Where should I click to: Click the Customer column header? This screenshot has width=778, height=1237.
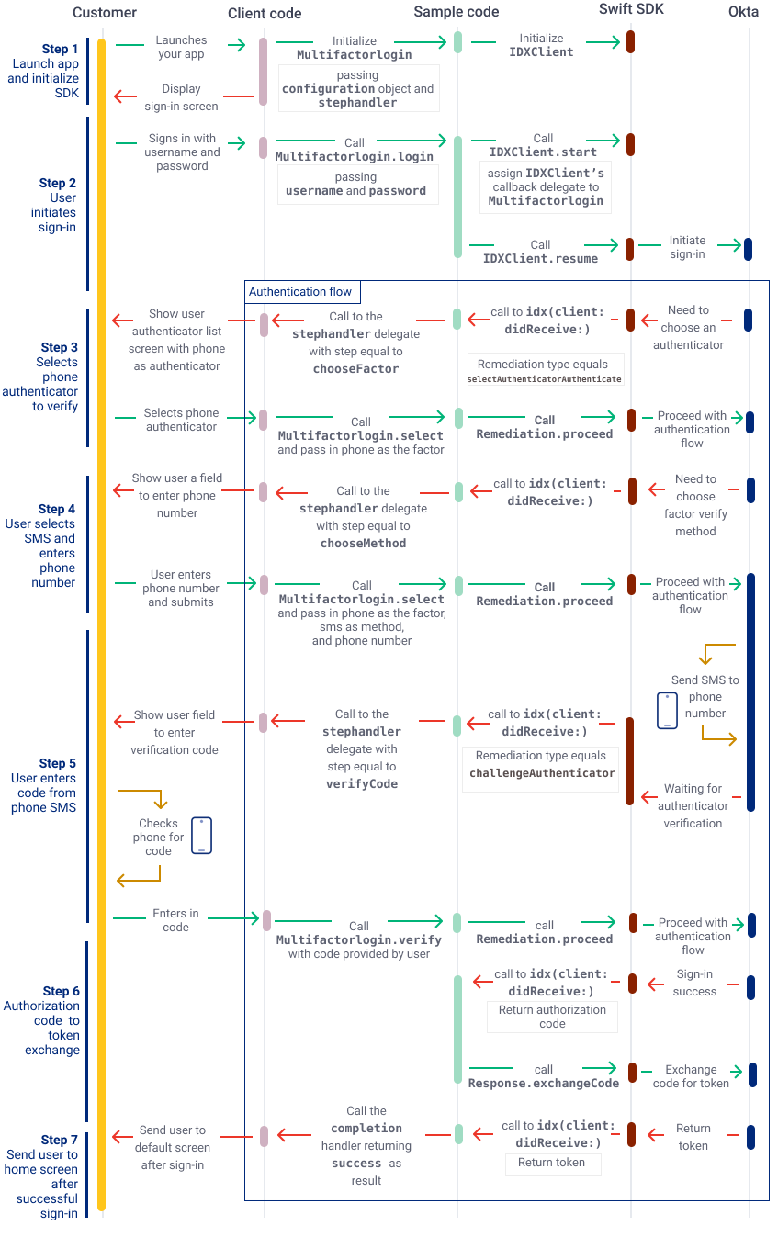coord(105,13)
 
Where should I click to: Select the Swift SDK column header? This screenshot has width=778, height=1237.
coord(631,9)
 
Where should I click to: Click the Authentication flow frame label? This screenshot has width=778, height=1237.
coord(300,292)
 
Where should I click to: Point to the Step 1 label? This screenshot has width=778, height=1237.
coord(61,50)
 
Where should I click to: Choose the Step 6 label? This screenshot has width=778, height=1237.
coord(61,991)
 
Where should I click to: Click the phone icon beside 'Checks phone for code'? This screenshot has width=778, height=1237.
coord(201,836)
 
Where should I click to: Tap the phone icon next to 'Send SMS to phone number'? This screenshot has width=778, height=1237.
coord(667,711)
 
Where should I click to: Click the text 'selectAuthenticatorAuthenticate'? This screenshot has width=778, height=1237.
coord(545,379)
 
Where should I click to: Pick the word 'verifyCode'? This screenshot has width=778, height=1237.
coord(361,784)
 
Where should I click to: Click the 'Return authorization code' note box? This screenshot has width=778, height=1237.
coord(552,1017)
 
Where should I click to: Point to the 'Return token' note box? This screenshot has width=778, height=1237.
coord(551,1163)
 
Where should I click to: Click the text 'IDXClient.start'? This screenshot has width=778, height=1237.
coord(543,152)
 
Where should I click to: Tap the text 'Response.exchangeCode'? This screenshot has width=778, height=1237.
coord(544,1084)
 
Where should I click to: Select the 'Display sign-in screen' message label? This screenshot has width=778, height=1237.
coord(181,97)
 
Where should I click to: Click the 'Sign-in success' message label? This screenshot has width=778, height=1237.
coord(694,983)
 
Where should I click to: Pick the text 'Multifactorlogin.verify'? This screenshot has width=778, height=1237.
coord(359,940)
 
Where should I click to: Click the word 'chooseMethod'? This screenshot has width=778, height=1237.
coord(363,544)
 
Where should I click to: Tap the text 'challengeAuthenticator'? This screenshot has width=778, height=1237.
coord(542,773)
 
